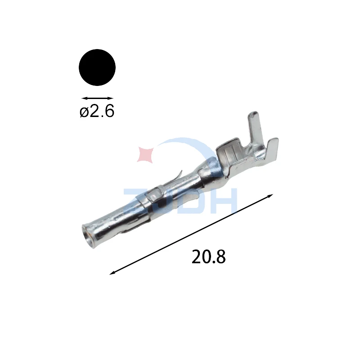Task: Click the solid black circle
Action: pyautogui.click(x=97, y=67)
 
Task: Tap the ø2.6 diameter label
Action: pyautogui.click(x=97, y=111)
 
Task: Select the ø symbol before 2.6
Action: pyautogui.click(x=84, y=112)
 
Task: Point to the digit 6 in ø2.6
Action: pyautogui.click(x=109, y=111)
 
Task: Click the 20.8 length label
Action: pyautogui.click(x=208, y=256)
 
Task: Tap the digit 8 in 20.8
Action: pyautogui.click(x=221, y=256)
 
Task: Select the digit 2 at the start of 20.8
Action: pyautogui.click(x=196, y=256)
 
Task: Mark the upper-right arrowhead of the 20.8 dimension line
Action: pyautogui.click(x=270, y=196)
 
